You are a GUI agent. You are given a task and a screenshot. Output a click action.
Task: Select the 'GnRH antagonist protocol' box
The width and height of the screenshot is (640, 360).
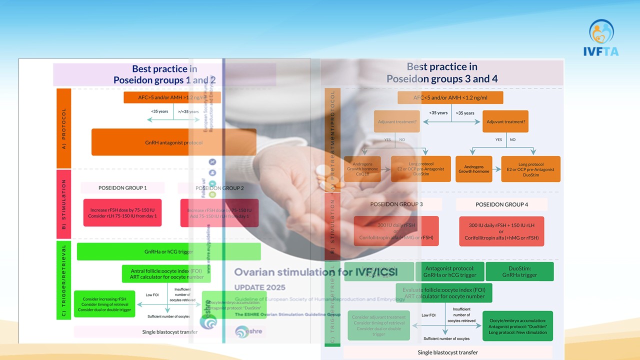[x=173, y=142]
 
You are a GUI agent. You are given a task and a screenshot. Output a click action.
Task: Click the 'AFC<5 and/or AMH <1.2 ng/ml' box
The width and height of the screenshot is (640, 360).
[x=450, y=97]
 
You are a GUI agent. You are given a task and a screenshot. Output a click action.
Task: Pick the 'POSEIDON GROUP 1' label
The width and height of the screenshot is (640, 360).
[x=122, y=188]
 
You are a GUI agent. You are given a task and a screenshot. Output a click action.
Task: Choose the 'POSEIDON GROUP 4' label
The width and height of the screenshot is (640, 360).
[x=501, y=204]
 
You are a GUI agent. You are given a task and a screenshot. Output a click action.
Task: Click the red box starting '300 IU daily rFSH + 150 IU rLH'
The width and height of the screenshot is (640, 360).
[x=501, y=231]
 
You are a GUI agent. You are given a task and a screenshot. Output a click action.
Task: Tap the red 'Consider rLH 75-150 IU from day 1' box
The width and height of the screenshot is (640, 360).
[x=122, y=213]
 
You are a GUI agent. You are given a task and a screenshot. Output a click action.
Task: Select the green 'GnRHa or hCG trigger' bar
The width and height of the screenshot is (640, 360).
[x=168, y=251]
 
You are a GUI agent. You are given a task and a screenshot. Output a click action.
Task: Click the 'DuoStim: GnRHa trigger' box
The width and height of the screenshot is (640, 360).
[x=519, y=271]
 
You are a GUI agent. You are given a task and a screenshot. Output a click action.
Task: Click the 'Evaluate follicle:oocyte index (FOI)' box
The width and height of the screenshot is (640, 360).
[x=444, y=292]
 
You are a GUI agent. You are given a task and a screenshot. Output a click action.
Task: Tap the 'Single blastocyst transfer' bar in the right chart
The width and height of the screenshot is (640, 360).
[x=447, y=352]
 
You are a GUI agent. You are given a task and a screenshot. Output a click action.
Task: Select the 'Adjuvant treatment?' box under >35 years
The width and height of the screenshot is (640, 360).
[x=505, y=121]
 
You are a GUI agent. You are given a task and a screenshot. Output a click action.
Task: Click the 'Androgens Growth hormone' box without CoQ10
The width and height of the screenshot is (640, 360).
[x=473, y=169]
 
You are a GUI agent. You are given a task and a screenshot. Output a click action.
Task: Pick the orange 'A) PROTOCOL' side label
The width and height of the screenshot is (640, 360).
[x=63, y=128]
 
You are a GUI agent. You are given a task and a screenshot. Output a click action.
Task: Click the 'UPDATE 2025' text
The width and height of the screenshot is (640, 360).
[x=260, y=287]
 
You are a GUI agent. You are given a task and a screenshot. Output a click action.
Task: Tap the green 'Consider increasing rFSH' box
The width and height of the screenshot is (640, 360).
[x=104, y=304]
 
